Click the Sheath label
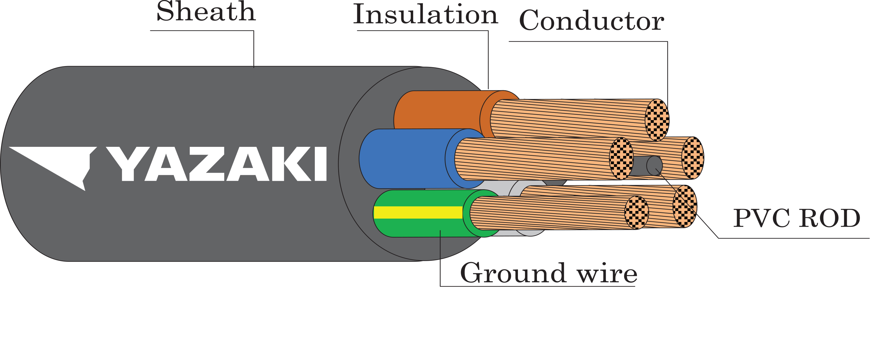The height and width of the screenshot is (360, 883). tap(206, 12)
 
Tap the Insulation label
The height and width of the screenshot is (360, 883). tap(425, 14)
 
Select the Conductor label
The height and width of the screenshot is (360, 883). tap(591, 21)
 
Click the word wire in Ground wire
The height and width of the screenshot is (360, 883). tap(607, 274)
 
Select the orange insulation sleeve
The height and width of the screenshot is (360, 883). tap(439, 110)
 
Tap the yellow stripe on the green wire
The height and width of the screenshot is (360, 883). tap(418, 212)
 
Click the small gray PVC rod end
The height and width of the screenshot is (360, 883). tap(654, 166)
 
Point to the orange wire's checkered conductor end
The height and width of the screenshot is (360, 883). tap(657, 120)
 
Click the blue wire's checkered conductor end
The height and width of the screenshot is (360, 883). tap(621, 159)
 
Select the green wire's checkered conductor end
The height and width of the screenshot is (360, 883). tap(636, 213)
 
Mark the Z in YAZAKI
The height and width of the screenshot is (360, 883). tap(206, 164)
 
